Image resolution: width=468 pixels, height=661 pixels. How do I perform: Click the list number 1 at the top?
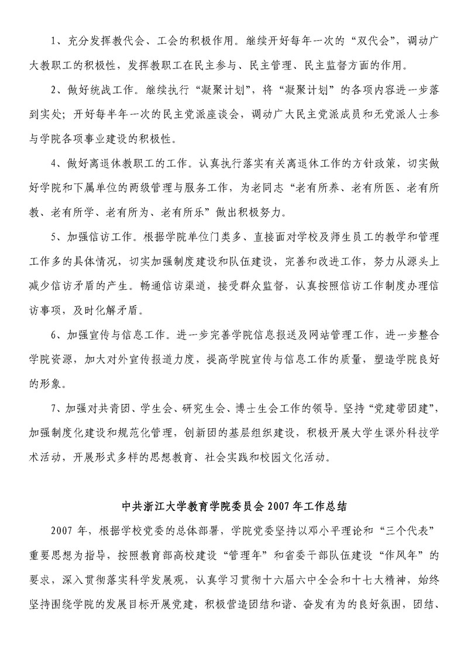click(x=54, y=41)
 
